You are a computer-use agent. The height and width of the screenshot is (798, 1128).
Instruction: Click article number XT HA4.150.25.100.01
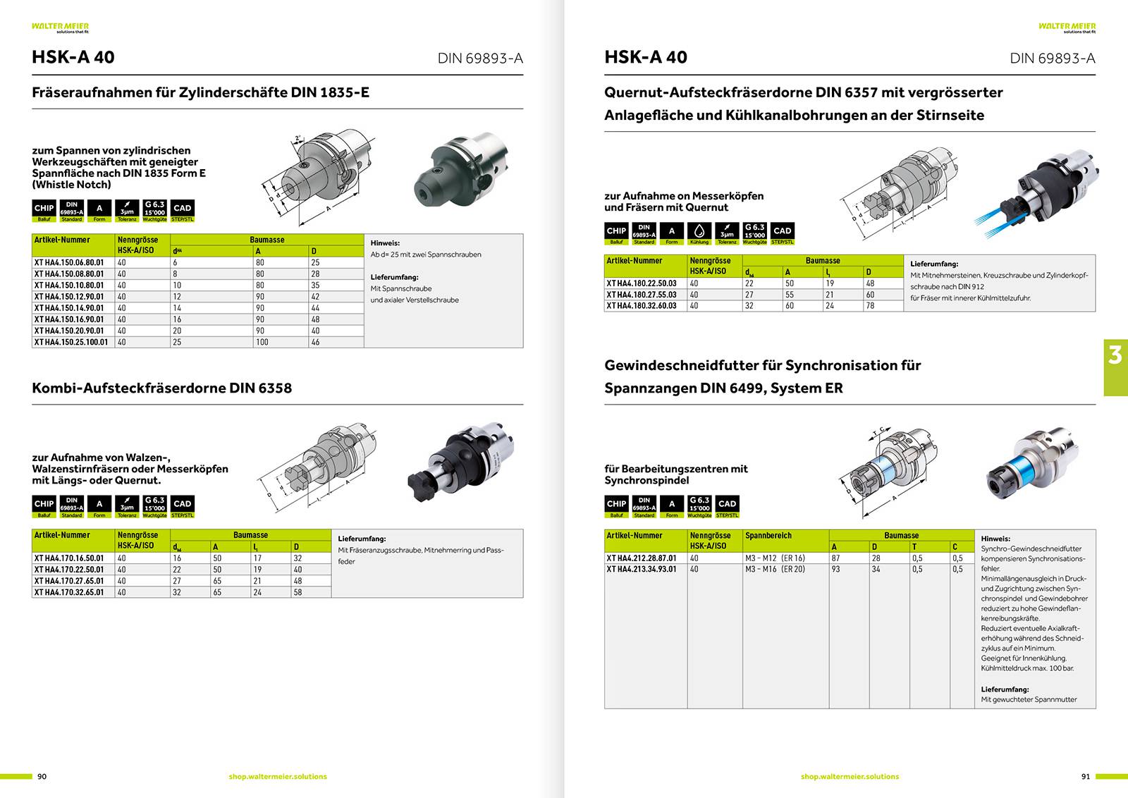tap(71, 342)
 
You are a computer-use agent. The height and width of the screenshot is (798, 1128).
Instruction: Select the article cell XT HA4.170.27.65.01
tap(69, 581)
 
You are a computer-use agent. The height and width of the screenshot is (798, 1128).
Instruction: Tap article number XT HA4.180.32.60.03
tap(642, 306)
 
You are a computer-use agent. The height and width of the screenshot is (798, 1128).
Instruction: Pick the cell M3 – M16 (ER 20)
tap(775, 569)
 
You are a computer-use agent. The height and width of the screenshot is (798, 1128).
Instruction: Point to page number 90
tap(42, 776)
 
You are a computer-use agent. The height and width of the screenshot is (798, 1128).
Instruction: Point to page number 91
tap(1085, 776)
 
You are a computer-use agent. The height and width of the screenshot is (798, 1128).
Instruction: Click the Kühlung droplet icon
tap(699, 231)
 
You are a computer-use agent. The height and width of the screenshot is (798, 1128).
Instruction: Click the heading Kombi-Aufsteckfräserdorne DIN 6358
tap(161, 388)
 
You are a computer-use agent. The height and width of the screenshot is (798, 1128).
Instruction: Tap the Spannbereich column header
tap(768, 536)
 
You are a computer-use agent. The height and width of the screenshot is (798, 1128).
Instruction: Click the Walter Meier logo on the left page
tap(60, 27)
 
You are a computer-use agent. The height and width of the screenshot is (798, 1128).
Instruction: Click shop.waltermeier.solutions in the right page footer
tap(850, 776)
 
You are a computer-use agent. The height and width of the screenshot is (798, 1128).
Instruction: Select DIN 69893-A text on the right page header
tap(1052, 58)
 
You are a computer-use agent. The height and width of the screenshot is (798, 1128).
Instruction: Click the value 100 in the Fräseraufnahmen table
tap(262, 342)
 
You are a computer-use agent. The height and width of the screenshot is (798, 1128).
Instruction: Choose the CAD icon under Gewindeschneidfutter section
tap(727, 504)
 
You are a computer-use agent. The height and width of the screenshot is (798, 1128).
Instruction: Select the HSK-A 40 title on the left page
tap(73, 57)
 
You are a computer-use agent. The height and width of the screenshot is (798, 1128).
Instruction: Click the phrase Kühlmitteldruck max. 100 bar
tap(1027, 668)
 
